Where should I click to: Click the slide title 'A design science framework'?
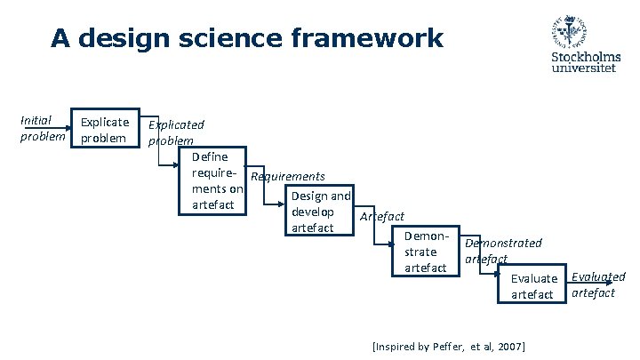(246, 39)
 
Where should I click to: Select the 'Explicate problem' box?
(105, 130)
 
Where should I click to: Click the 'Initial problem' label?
(42, 129)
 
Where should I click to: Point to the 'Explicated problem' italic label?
(176, 132)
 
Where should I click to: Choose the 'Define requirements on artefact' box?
(212, 180)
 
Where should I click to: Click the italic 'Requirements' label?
(288, 177)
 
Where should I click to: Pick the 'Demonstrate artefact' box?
(425, 252)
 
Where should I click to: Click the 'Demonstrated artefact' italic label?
(502, 250)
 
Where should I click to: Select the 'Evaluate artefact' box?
(532, 286)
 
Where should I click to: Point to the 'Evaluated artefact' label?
(597, 284)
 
